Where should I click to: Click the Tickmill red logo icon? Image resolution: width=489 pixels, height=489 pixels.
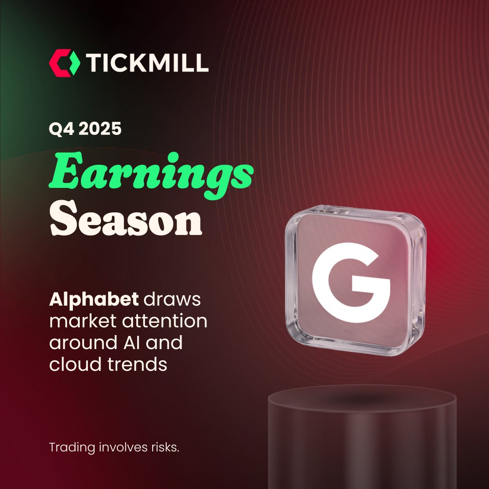click(x=64, y=62)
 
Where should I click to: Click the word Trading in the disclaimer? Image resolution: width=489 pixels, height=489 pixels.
click(x=72, y=448)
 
